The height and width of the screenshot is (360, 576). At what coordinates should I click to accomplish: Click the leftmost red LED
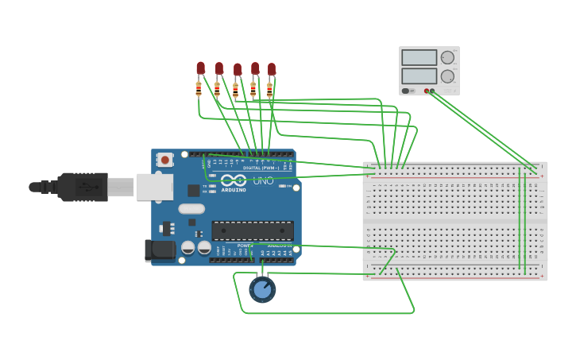pos(200,68)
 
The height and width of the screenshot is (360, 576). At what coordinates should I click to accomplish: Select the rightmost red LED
pos(272,70)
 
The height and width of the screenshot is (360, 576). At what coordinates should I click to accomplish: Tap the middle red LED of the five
pos(237,70)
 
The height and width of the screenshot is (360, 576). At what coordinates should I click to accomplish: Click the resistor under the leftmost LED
pos(199,89)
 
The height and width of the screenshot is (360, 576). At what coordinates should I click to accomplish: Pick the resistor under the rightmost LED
pos(269,90)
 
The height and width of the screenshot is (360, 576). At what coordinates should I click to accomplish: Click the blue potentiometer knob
pos(262,289)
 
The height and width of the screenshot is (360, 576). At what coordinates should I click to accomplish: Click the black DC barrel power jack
pos(160,250)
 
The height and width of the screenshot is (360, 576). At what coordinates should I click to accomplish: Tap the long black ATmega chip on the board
pos(252,230)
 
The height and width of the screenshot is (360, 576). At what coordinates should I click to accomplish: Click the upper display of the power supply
pos(419,58)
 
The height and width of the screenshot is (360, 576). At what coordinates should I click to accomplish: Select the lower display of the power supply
pos(419,76)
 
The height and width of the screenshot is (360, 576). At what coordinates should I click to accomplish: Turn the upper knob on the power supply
pos(448,58)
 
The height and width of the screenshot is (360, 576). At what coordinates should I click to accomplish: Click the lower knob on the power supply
pos(448,76)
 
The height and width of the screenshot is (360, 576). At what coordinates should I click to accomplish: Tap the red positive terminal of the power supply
pos(427,91)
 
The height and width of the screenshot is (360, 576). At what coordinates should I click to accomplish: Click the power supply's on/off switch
pos(408,91)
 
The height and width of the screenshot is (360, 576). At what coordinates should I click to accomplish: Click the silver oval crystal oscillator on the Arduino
pos(191,209)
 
